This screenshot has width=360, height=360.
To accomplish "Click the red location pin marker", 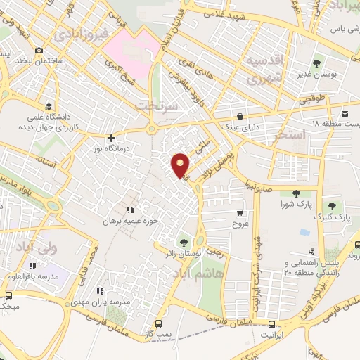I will point(181,165).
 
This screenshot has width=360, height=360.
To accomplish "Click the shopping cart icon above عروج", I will point(240,212).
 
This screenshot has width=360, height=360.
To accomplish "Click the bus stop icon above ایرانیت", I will point(272,323).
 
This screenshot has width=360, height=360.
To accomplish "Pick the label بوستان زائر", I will point(185,251).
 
